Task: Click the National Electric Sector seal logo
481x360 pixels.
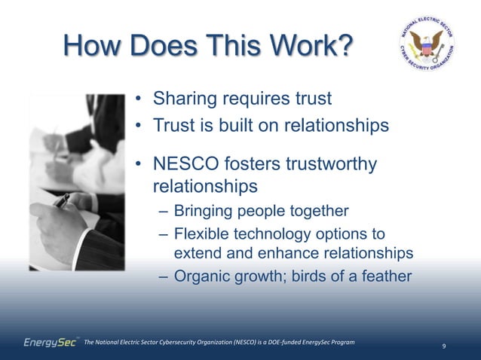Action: [x=427, y=47]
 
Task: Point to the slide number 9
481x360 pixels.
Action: [x=444, y=346]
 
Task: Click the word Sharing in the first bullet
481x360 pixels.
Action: [x=184, y=99]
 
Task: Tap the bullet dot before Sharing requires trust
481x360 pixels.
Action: [x=139, y=99]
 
